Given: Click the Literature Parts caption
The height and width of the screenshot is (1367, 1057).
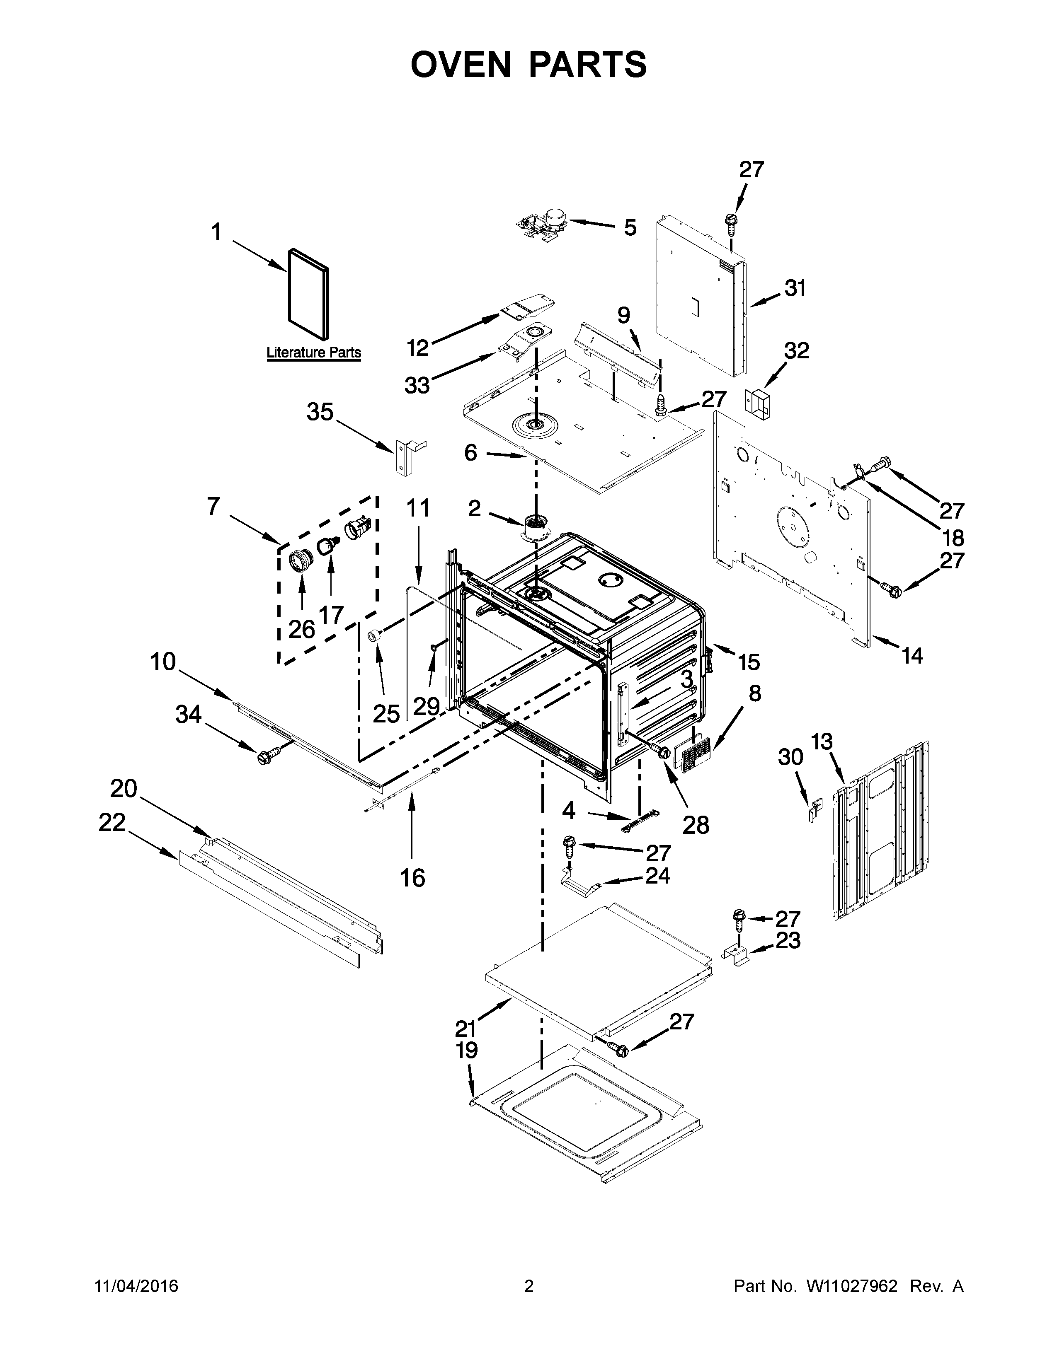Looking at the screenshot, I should pyautogui.click(x=314, y=353).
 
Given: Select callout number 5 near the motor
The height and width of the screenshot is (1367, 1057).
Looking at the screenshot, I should pyautogui.click(x=630, y=227).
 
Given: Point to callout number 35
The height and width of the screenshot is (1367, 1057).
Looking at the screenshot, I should pyautogui.click(x=320, y=413).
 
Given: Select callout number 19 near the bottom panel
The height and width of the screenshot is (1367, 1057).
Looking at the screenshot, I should pyautogui.click(x=466, y=1050).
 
